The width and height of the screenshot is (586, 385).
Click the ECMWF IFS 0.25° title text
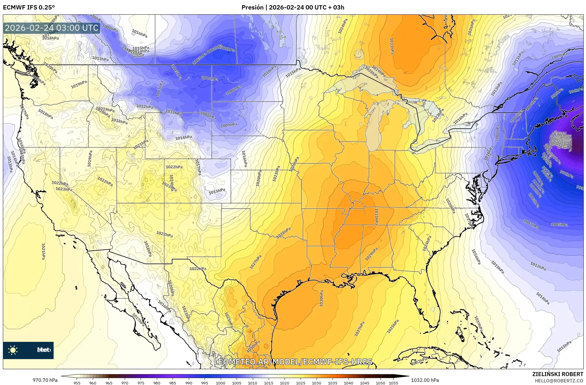[x=29, y=7]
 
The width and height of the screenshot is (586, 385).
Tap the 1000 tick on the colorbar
[x=221, y=383]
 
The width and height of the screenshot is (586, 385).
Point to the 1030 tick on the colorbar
[x=316, y=383]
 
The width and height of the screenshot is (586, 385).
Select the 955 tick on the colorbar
[x=77, y=383]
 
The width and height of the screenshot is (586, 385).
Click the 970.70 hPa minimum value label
[x=45, y=380]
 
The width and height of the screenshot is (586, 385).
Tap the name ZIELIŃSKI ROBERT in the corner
[x=558, y=374]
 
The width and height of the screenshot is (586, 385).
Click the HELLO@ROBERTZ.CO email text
[x=559, y=381]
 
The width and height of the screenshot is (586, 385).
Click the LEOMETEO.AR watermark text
[x=293, y=362]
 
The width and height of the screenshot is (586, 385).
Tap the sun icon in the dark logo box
[x=13, y=350]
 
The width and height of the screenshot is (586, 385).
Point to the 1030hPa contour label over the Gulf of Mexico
[x=321, y=298]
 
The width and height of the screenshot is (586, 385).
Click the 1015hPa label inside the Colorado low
[x=217, y=191]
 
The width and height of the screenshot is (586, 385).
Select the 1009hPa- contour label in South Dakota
[x=229, y=125]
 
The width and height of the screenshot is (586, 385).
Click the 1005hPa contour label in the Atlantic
[x=559, y=224]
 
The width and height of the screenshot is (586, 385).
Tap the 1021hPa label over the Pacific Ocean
[x=43, y=251]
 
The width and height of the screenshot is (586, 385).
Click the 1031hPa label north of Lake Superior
[x=392, y=46]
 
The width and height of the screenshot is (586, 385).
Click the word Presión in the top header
[x=252, y=7]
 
